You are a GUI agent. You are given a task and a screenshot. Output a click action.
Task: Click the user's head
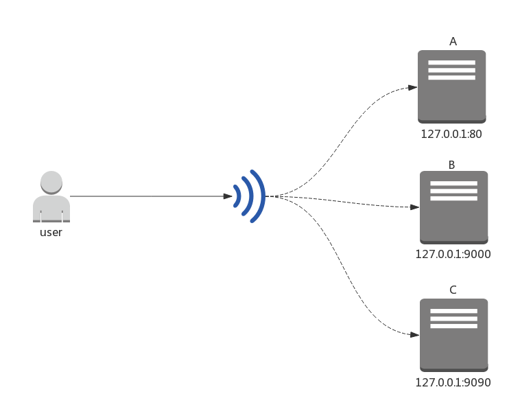(51, 182)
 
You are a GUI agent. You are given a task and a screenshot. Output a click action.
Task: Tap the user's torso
(51, 207)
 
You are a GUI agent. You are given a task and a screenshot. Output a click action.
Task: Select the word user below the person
(51, 233)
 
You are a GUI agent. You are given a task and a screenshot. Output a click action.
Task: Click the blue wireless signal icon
(249, 196)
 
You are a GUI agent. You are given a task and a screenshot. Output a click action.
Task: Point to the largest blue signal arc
(258, 196)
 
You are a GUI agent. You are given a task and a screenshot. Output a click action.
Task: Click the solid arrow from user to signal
(151, 196)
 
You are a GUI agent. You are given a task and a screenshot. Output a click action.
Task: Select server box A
(452, 96)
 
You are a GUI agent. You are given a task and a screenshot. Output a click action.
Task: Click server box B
(454, 216)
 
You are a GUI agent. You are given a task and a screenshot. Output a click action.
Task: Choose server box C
(454, 343)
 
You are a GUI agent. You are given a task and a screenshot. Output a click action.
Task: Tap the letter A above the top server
(453, 42)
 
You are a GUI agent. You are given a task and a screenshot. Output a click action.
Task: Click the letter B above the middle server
(451, 165)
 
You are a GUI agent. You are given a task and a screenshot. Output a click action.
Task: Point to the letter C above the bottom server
(453, 290)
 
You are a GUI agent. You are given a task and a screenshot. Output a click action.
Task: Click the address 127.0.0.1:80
(451, 135)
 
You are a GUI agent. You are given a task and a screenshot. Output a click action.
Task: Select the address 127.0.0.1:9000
(453, 255)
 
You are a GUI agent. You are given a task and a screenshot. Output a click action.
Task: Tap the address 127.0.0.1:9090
(453, 383)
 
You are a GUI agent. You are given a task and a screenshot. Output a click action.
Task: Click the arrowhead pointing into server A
(413, 87)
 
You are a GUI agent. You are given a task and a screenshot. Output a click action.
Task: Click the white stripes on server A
(451, 70)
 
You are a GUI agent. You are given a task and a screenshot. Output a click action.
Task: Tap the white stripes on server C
(453, 318)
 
